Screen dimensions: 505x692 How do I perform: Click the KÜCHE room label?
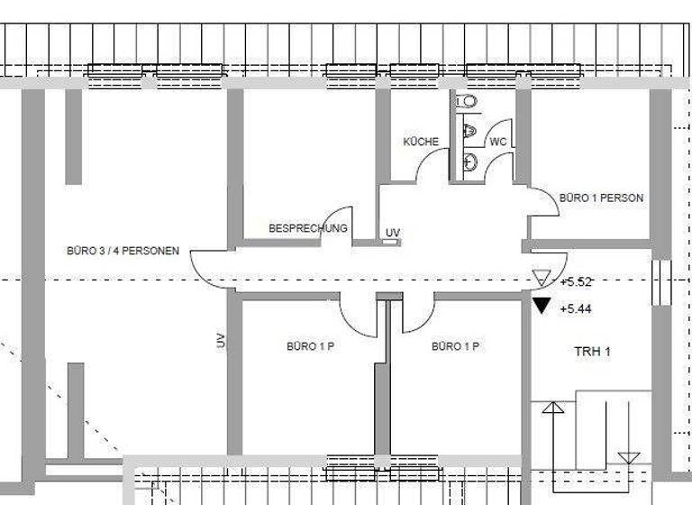tap(421, 142)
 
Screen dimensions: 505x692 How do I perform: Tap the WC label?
tap(497, 142)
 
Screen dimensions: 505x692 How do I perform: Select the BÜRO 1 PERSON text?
tap(601, 197)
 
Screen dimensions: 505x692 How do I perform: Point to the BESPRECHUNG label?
tap(307, 229)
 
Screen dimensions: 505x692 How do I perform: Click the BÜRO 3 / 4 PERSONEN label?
tap(123, 250)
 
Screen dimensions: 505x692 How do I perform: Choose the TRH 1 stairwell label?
tap(592, 351)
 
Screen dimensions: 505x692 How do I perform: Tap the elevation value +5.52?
tap(575, 282)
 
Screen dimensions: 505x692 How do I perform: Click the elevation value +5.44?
tap(575, 308)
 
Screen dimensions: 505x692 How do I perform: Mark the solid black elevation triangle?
tap(541, 305)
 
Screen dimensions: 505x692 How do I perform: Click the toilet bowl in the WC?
tap(468, 101)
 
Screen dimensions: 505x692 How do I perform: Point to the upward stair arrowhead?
tap(552, 407)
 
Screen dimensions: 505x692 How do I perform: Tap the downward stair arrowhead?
tap(629, 457)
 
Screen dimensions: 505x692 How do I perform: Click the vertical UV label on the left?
tap(220, 340)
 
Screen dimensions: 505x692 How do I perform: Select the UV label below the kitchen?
tap(392, 234)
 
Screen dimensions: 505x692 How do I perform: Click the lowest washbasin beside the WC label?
tap(469, 162)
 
